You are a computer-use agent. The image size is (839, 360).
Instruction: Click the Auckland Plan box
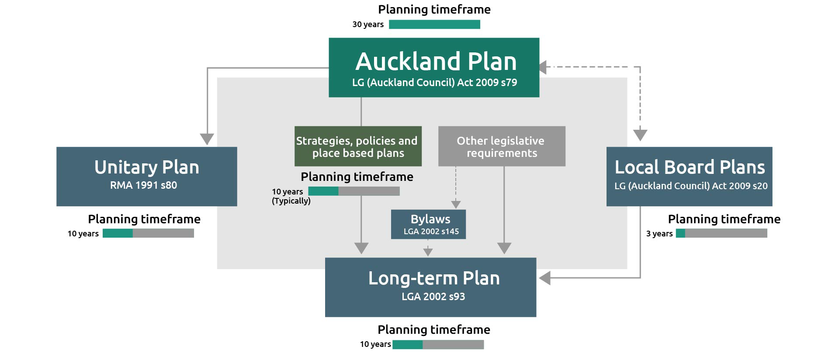tap(434, 67)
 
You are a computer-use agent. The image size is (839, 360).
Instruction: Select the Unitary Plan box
tap(147, 176)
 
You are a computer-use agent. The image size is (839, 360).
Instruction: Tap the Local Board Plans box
tap(689, 176)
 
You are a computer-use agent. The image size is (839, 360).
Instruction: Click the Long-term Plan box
tap(430, 287)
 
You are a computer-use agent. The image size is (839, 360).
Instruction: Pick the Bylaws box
tap(428, 224)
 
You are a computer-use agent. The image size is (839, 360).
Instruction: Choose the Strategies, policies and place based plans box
tap(358, 146)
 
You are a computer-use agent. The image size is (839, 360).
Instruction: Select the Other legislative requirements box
tap(502, 146)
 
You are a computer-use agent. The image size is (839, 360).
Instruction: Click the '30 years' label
tap(368, 24)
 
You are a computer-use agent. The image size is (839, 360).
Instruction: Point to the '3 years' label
tap(659, 233)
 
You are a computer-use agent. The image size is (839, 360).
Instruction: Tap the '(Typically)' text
tap(291, 201)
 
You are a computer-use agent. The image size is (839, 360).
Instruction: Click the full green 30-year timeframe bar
tap(434, 24)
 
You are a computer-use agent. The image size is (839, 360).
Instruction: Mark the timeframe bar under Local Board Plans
tap(721, 233)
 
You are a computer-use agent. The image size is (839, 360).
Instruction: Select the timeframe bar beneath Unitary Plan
tap(148, 233)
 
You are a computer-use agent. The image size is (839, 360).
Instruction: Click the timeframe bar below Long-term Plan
tap(438, 344)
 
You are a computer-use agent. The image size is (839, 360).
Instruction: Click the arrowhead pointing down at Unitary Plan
tap(207, 139)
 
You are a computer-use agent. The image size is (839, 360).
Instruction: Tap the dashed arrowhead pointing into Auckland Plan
tap(543, 67)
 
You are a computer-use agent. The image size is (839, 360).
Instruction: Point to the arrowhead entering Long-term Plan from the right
tap(544, 278)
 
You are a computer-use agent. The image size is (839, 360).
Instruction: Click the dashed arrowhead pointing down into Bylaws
tap(456, 204)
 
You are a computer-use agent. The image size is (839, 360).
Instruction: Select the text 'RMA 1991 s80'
tap(143, 185)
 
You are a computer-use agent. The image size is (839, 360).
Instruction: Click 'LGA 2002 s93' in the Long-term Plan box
tap(433, 297)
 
